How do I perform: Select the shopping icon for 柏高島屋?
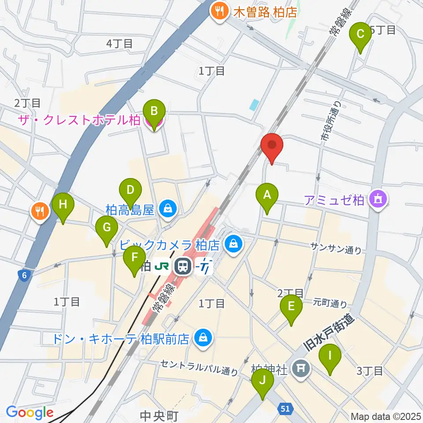point(168,208)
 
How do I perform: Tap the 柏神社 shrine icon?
point(302,368)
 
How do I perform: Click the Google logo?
point(30,412)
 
